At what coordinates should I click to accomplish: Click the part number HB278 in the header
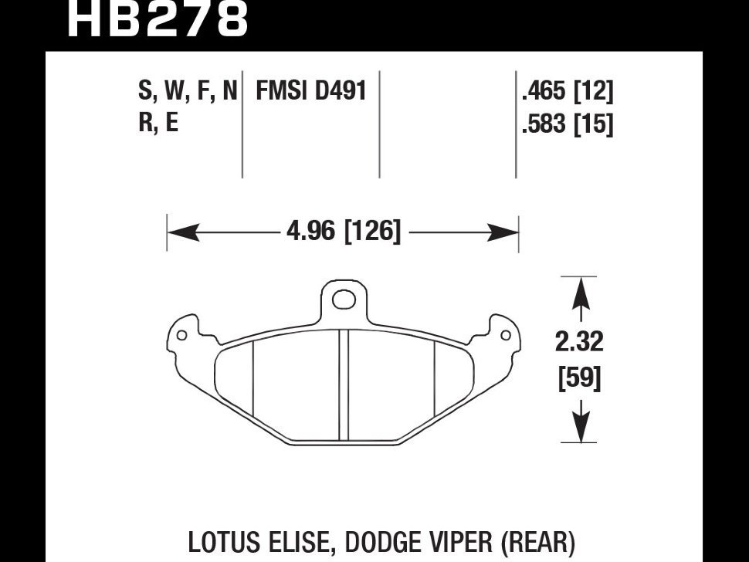tap(158, 19)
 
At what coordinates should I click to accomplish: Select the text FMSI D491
tap(310, 92)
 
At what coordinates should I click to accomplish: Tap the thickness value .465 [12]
tap(567, 93)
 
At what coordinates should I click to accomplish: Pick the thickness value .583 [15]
tap(567, 124)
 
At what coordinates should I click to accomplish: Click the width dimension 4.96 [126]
tap(343, 230)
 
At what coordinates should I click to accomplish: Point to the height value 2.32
tap(578, 340)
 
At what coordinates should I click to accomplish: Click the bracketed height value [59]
tap(578, 379)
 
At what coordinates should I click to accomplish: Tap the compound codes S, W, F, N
tap(188, 92)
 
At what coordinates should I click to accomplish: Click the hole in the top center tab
tap(343, 298)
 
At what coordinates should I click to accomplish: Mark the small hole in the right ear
tap(504, 335)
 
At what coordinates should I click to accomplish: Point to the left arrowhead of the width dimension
tap(177, 230)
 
